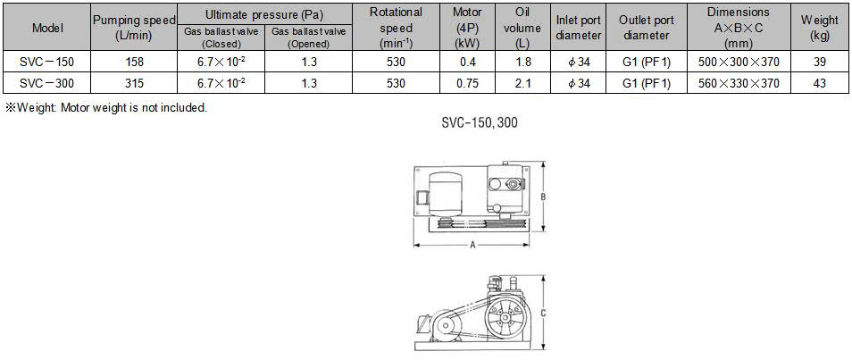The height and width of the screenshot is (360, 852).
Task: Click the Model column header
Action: [48, 28]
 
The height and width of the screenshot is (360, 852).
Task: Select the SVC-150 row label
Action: [48, 62]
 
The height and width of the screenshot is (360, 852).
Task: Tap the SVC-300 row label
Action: [48, 83]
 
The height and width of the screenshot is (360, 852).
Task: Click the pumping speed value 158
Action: [134, 62]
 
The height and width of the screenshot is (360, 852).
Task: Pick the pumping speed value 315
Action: [134, 83]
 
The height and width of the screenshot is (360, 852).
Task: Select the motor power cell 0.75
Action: [467, 83]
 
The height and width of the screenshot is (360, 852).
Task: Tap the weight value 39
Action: [819, 62]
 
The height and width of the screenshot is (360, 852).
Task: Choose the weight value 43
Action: [819, 83]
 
